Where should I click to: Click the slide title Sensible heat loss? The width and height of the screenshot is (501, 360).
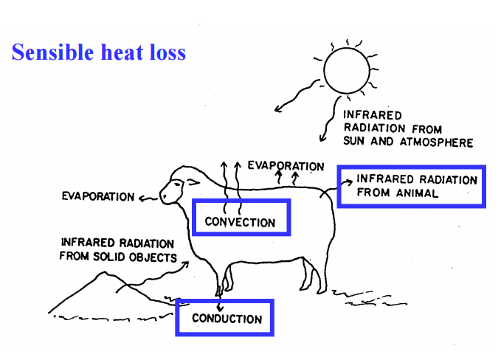click(x=98, y=52)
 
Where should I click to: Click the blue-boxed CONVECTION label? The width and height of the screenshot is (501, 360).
click(x=240, y=221)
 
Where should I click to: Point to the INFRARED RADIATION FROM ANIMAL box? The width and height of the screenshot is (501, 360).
click(x=410, y=186)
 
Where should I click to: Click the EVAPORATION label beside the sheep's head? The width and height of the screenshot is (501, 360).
click(x=99, y=197)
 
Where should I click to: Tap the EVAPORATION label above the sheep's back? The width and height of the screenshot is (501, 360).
click(x=286, y=166)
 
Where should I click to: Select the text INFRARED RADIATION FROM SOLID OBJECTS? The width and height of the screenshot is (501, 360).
click(x=118, y=250)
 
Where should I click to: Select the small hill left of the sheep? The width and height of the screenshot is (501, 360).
click(x=103, y=288)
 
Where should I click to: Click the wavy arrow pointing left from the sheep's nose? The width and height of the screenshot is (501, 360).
click(x=147, y=198)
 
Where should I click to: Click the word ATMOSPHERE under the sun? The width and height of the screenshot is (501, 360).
click(x=436, y=142)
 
